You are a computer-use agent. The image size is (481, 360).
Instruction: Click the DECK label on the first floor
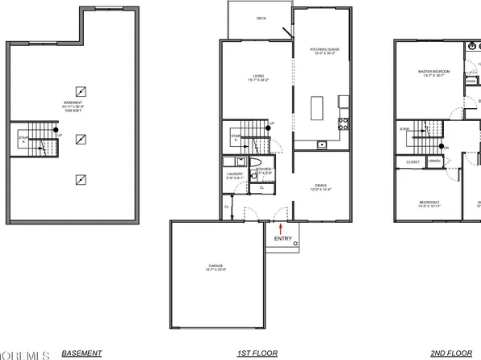tap(261, 18)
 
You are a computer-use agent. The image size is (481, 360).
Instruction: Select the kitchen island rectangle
tap(317, 106)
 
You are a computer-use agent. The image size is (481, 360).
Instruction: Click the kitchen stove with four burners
tap(344, 123)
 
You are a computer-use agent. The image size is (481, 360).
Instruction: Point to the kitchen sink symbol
tap(322, 144)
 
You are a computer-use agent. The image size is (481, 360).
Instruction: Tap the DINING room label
tap(321, 186)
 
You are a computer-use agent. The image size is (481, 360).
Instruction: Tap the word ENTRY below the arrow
tap(284, 238)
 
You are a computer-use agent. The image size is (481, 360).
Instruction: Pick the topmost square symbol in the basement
tap(81, 90)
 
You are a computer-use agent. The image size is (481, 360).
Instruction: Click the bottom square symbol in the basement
tap(81, 179)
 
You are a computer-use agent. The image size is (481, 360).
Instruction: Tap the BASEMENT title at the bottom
tap(82, 353)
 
